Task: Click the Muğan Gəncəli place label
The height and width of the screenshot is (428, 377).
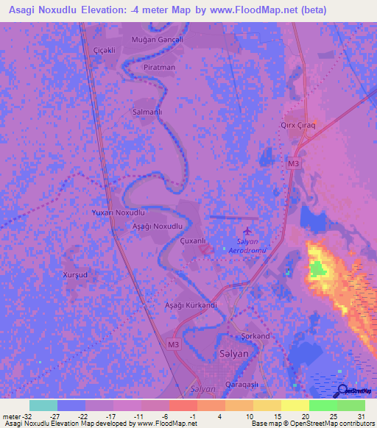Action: [156, 39]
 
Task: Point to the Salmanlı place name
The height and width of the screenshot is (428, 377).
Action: [146, 112]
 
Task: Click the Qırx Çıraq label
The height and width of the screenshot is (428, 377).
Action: [297, 126]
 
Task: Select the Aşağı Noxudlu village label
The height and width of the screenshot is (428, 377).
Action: [157, 226]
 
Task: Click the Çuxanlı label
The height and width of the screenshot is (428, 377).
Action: [192, 240]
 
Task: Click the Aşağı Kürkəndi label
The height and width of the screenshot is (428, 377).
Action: [191, 304]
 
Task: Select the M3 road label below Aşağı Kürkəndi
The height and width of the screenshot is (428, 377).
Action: [172, 343]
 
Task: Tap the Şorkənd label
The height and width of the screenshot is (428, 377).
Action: [256, 336]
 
